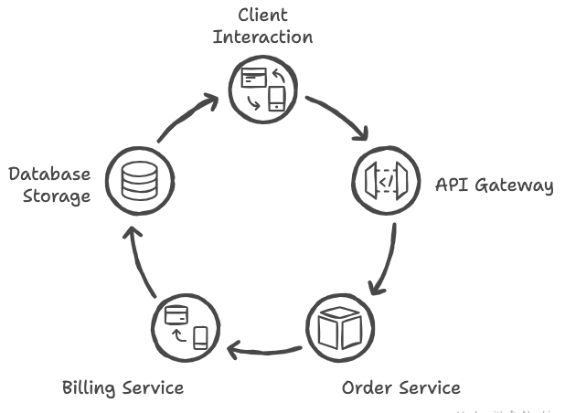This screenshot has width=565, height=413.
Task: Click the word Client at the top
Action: tap(262, 16)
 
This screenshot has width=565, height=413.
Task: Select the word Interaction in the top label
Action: tap(263, 37)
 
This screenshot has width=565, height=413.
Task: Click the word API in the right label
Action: tap(450, 185)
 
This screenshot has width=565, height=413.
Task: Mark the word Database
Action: tap(49, 175)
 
